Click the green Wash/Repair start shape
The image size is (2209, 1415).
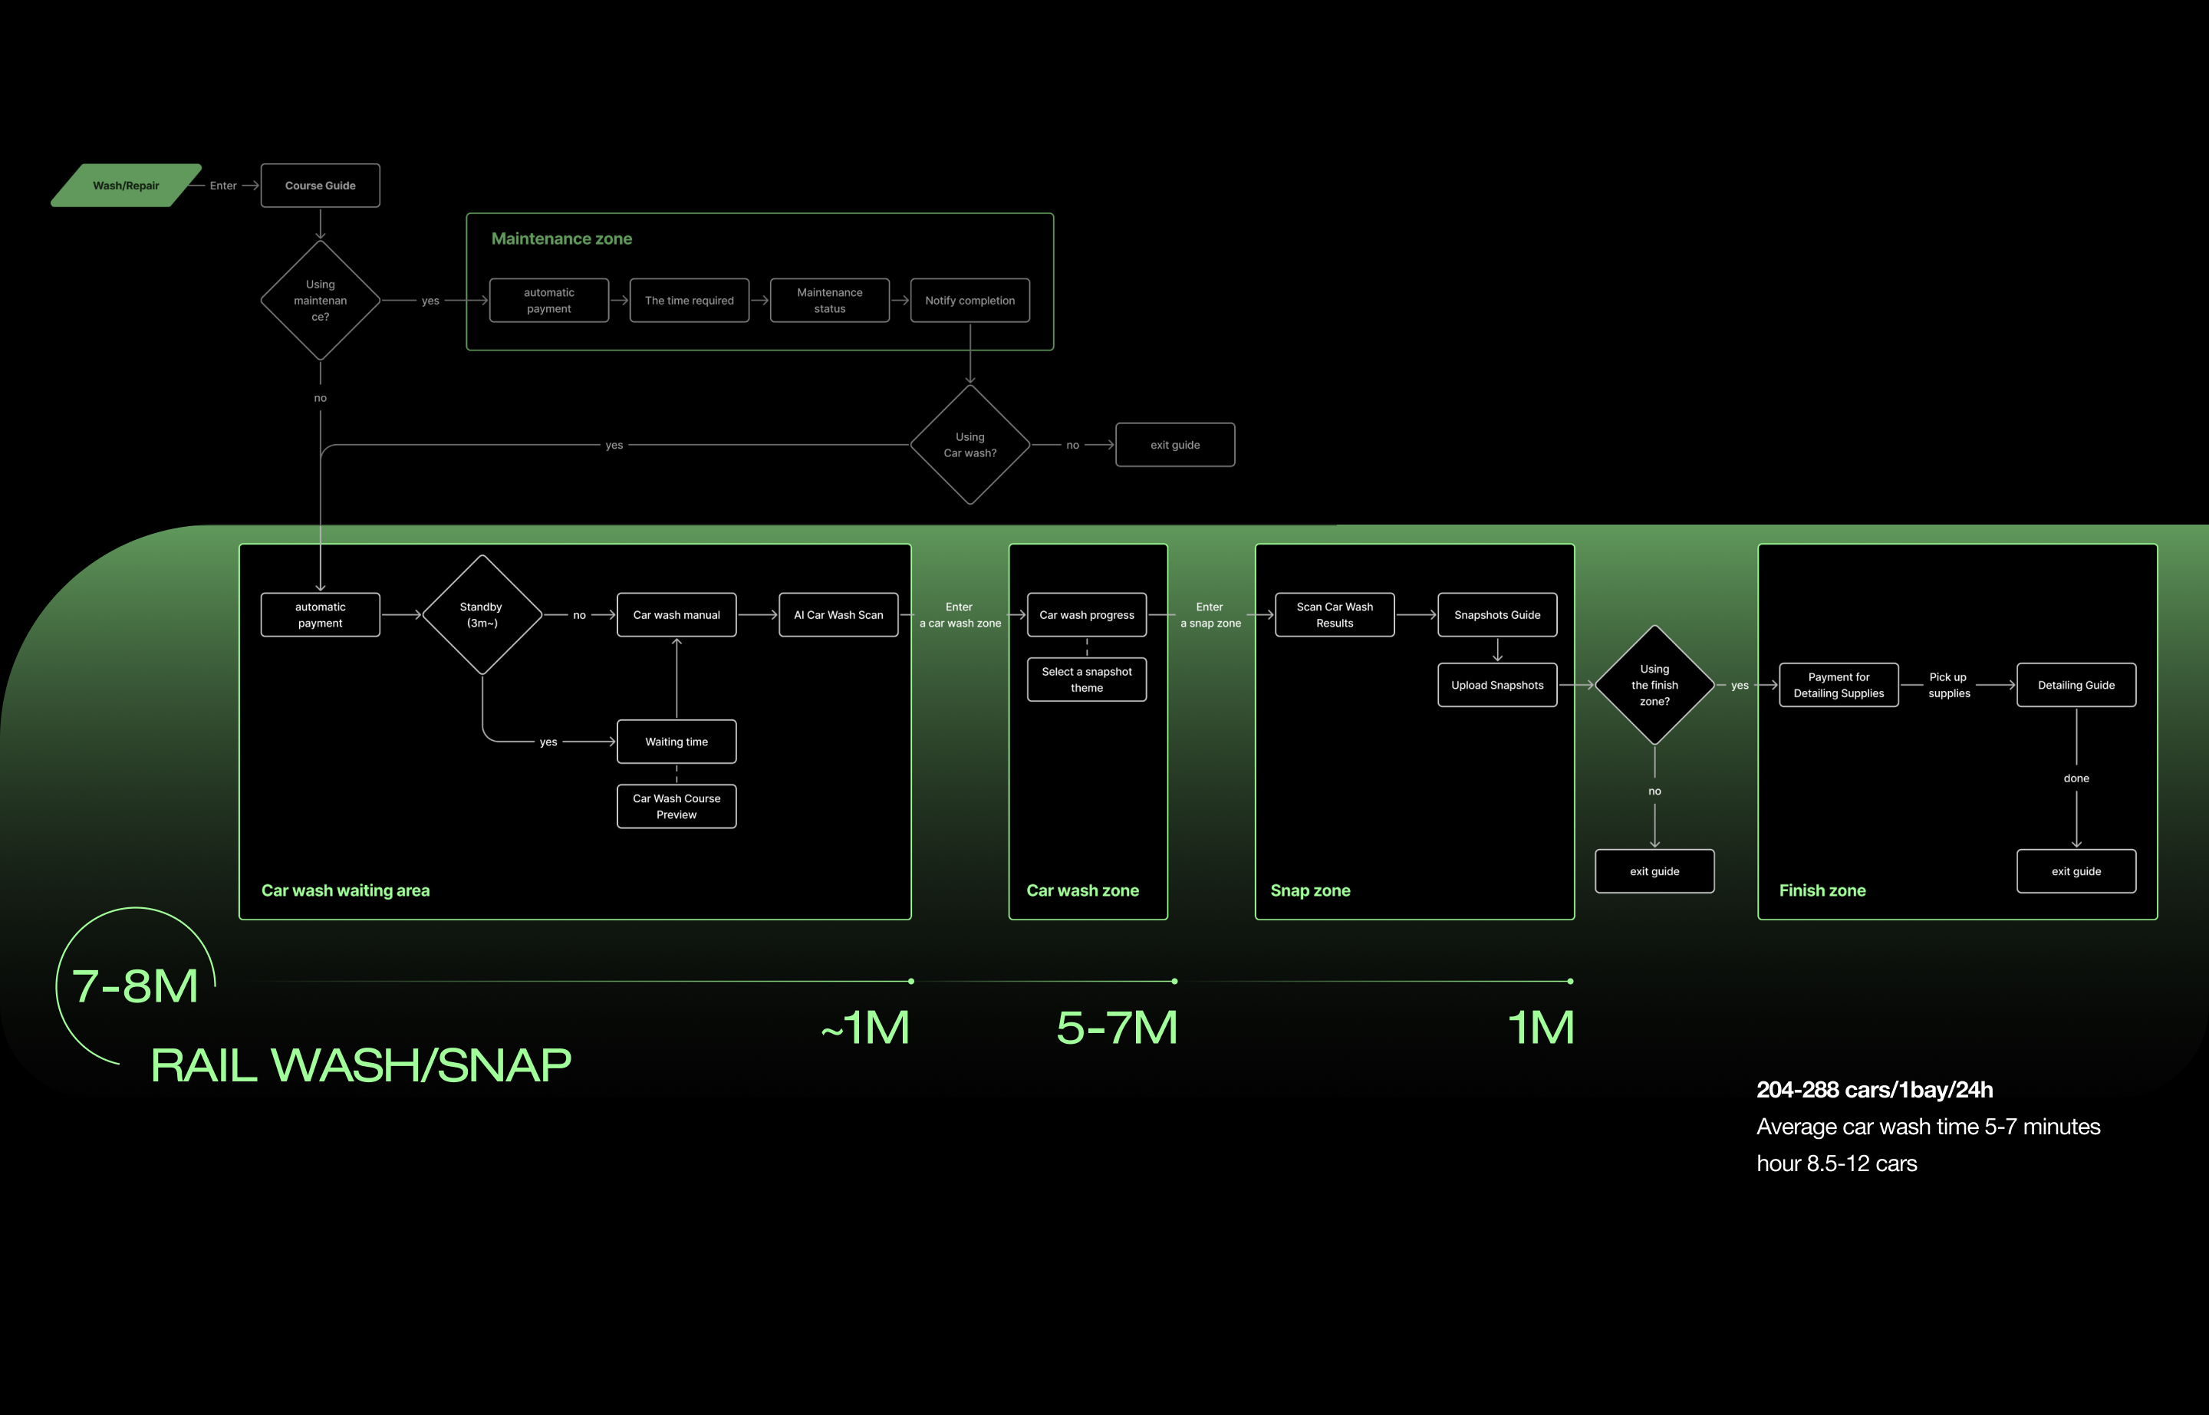coord(126,186)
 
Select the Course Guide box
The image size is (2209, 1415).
coord(320,186)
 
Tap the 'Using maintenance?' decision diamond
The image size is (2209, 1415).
coord(320,301)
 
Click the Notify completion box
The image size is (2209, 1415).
coord(970,301)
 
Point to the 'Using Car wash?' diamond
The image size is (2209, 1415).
coord(970,445)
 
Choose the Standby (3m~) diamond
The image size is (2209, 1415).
coord(482,614)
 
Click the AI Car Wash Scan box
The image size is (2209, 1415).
coord(838,614)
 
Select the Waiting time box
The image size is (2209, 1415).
coord(677,742)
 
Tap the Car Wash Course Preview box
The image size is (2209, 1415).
coord(677,806)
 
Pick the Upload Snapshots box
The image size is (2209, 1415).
coord(1497,685)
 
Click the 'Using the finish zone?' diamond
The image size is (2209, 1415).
coord(1654,685)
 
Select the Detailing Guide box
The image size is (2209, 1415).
coord(2076,685)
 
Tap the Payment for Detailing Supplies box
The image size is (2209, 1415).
coord(1838,685)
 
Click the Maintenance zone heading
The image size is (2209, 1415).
coord(561,239)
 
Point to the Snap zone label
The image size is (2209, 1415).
coord(1309,890)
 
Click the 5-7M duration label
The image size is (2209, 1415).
coord(1117,1027)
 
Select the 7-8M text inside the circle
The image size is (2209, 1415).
coord(135,986)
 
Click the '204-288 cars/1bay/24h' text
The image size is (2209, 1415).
coord(1875,1090)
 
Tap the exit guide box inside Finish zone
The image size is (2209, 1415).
coord(2076,871)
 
